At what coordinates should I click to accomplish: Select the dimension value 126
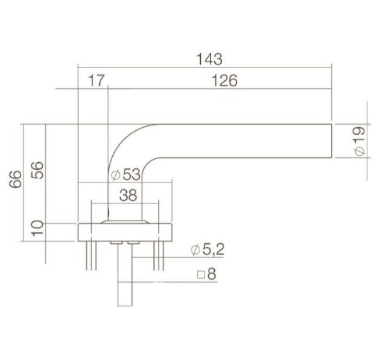[223, 81]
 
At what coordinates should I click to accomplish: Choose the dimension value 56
[36, 170]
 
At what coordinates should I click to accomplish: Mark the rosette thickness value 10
[36, 228]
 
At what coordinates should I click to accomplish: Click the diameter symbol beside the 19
[357, 153]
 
